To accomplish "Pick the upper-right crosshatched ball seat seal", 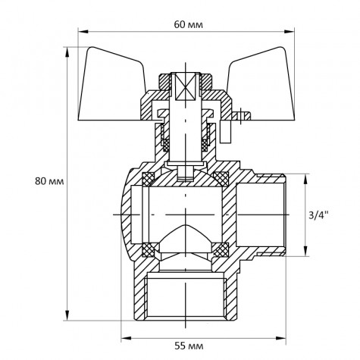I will click(221, 179).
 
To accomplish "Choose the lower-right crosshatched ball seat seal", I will click(221, 247).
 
